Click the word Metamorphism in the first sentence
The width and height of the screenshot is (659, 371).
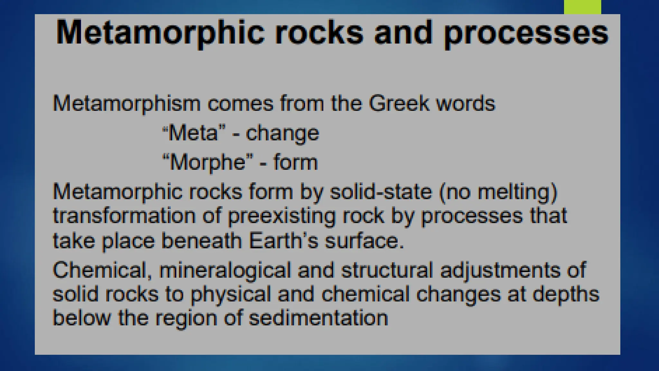[126, 104]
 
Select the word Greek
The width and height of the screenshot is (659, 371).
[399, 103]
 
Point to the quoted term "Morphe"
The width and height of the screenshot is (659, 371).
[208, 162]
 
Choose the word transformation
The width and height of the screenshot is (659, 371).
[124, 216]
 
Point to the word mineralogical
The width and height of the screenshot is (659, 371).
[225, 271]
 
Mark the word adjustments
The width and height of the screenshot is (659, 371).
[500, 271]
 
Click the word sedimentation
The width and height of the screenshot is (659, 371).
[319, 318]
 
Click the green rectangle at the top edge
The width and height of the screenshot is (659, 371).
[582, 7]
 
